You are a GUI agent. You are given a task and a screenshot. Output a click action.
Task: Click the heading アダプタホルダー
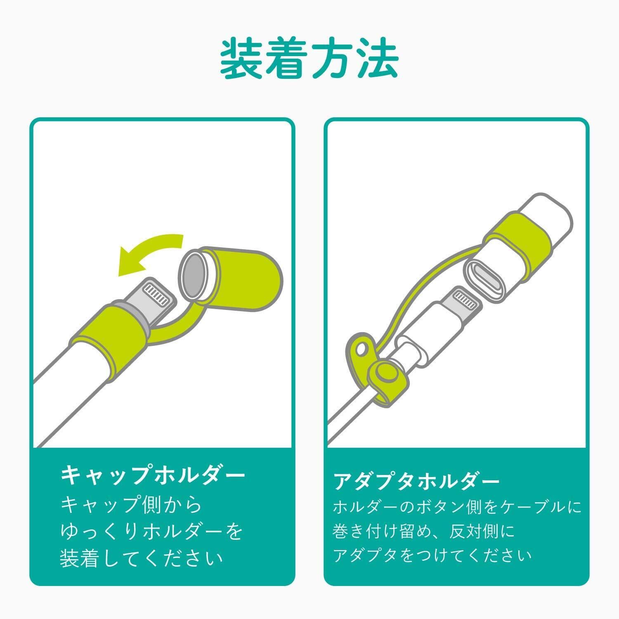[416, 481]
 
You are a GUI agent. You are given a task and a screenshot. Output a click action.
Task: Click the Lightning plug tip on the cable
[464, 303]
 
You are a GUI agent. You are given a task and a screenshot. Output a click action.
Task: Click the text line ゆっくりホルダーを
[151, 532]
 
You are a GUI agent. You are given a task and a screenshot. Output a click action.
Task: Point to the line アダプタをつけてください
[432, 555]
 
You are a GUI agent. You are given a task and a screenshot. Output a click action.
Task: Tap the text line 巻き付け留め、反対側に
[424, 532]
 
